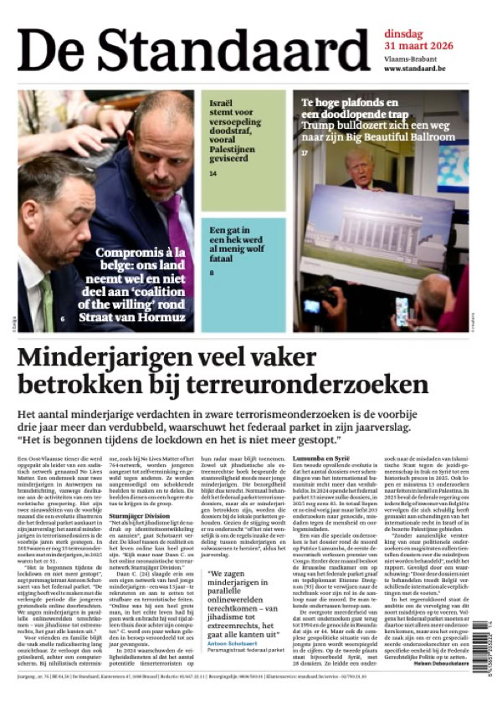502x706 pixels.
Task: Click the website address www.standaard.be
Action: tap(418, 69)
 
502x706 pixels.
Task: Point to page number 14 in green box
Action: tap(213, 173)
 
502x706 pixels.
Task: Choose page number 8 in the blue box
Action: tap(212, 273)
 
